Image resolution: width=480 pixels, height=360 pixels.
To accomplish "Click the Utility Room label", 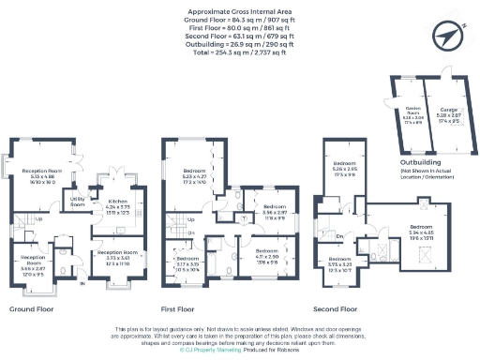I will tap(78, 200).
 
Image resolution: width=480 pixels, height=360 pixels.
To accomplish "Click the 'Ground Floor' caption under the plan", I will tap(30, 307).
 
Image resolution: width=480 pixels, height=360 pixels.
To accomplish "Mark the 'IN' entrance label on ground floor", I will tap(82, 282).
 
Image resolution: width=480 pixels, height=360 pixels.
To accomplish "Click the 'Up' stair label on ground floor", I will tap(37, 222).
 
